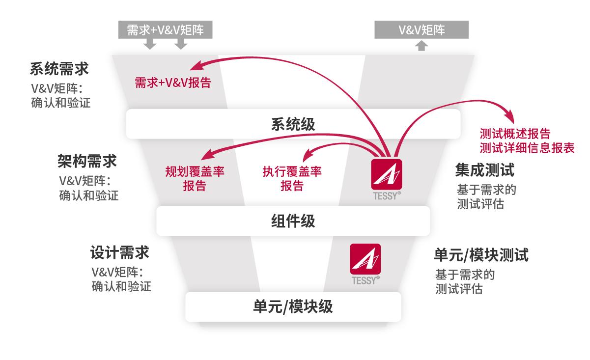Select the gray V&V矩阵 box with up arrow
421,30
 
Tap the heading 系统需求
59,69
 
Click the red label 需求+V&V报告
172,83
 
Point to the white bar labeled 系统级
293,124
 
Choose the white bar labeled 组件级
293,221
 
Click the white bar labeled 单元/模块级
293,307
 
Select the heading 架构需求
87,162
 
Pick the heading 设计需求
119,253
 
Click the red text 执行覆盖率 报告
292,179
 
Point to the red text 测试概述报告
515,134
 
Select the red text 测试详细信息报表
527,148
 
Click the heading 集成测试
484,170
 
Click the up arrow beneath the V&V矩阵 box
421,46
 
